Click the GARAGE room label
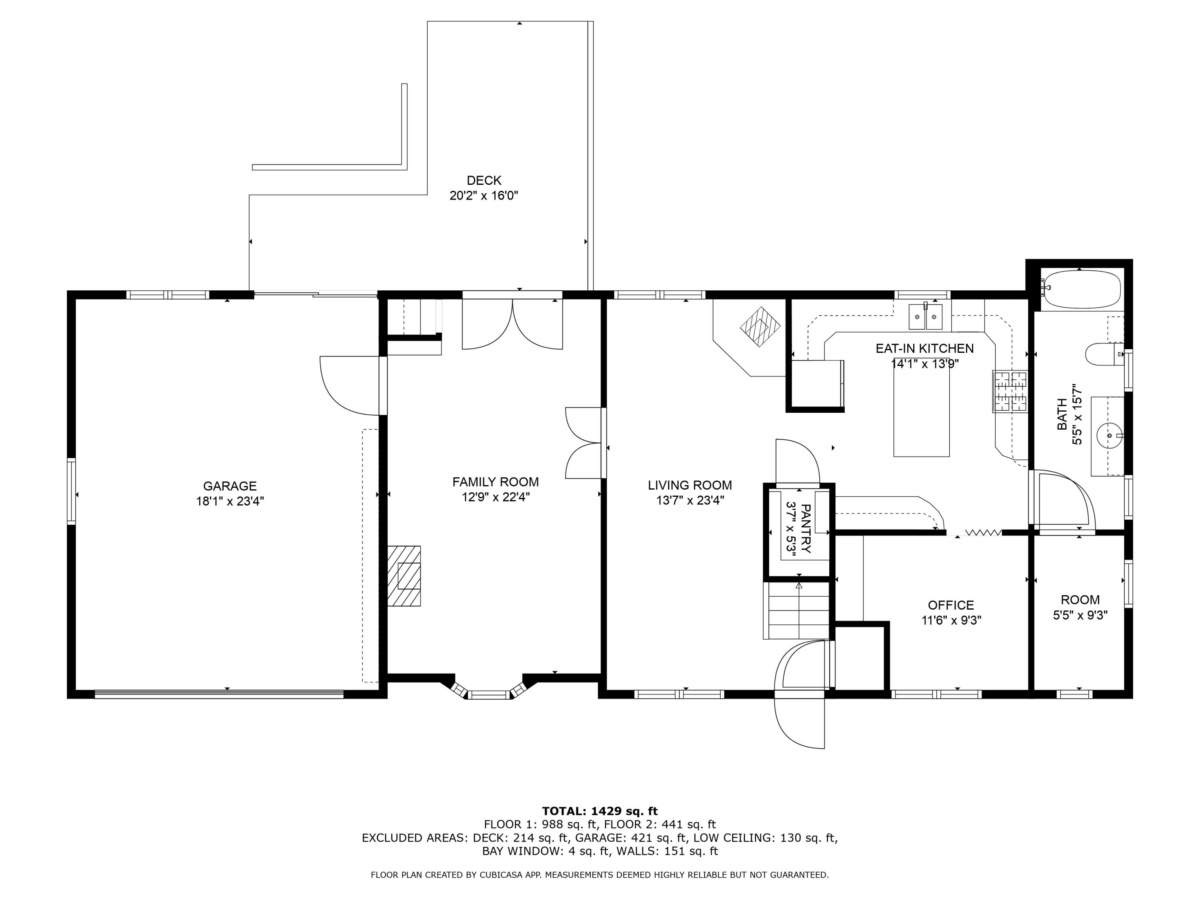pyautogui.click(x=230, y=486)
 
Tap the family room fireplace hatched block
pyautogui.click(x=404, y=576)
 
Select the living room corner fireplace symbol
pyautogui.click(x=760, y=327)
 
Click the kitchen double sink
pyautogui.click(x=926, y=317)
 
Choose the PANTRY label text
pyautogui.click(x=806, y=529)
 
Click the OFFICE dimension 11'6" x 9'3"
pyautogui.click(x=951, y=620)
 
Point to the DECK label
pyautogui.click(x=484, y=180)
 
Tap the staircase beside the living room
pyautogui.click(x=798, y=611)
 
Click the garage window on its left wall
pyautogui.click(x=71, y=491)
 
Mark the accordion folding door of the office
pyautogui.click(x=983, y=533)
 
